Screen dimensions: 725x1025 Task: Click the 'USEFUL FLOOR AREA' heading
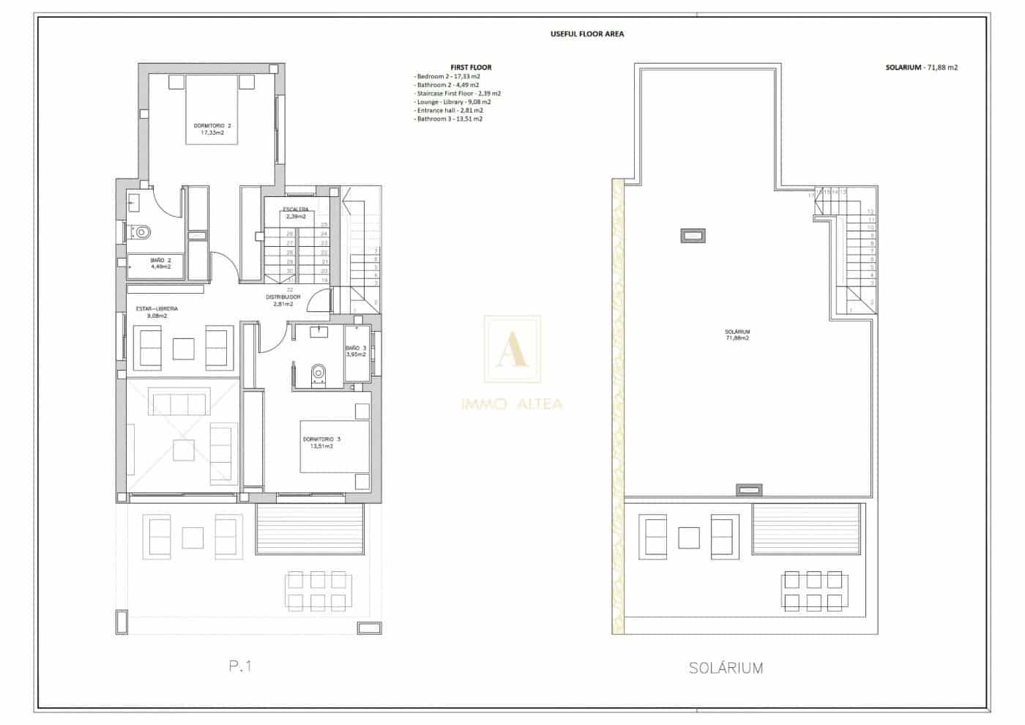pos(586,34)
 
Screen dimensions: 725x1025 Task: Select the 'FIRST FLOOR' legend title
pos(471,67)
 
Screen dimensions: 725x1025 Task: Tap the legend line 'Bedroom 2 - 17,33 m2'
pos(447,76)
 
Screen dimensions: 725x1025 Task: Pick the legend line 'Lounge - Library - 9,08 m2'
pos(453,102)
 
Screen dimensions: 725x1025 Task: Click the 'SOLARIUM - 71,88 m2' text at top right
pos(921,67)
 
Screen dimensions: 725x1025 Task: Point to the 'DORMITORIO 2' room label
pos(212,126)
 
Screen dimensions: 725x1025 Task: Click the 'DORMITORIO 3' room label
pos(321,439)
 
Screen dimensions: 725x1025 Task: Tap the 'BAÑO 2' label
pos(160,260)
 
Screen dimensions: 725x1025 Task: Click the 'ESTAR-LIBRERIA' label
pos(157,309)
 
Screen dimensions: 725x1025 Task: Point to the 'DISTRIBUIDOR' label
pos(283,297)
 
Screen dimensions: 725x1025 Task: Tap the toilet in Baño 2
pos(141,232)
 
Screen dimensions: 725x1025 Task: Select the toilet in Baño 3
pos(318,373)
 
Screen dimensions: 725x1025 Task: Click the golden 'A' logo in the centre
pos(512,350)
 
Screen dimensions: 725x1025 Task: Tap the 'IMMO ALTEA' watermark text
pos(512,404)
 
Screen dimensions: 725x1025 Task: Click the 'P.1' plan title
pos(240,666)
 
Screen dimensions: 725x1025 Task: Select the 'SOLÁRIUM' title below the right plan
pos(726,668)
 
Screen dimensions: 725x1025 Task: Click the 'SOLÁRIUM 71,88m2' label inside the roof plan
pos(737,335)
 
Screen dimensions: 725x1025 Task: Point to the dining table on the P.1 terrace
pos(316,591)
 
